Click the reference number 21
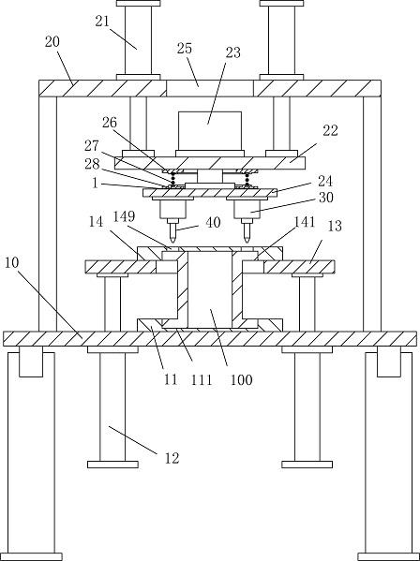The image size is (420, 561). click(x=102, y=22)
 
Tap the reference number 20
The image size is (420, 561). click(x=52, y=42)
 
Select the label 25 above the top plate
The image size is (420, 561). click(x=185, y=49)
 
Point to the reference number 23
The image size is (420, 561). click(x=233, y=52)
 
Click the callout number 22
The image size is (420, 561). click(x=330, y=130)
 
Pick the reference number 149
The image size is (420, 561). click(x=124, y=216)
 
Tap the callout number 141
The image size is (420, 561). click(x=305, y=222)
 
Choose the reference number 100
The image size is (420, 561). click(x=241, y=379)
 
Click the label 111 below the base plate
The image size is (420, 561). click(x=202, y=379)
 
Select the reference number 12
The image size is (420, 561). click(x=172, y=458)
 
